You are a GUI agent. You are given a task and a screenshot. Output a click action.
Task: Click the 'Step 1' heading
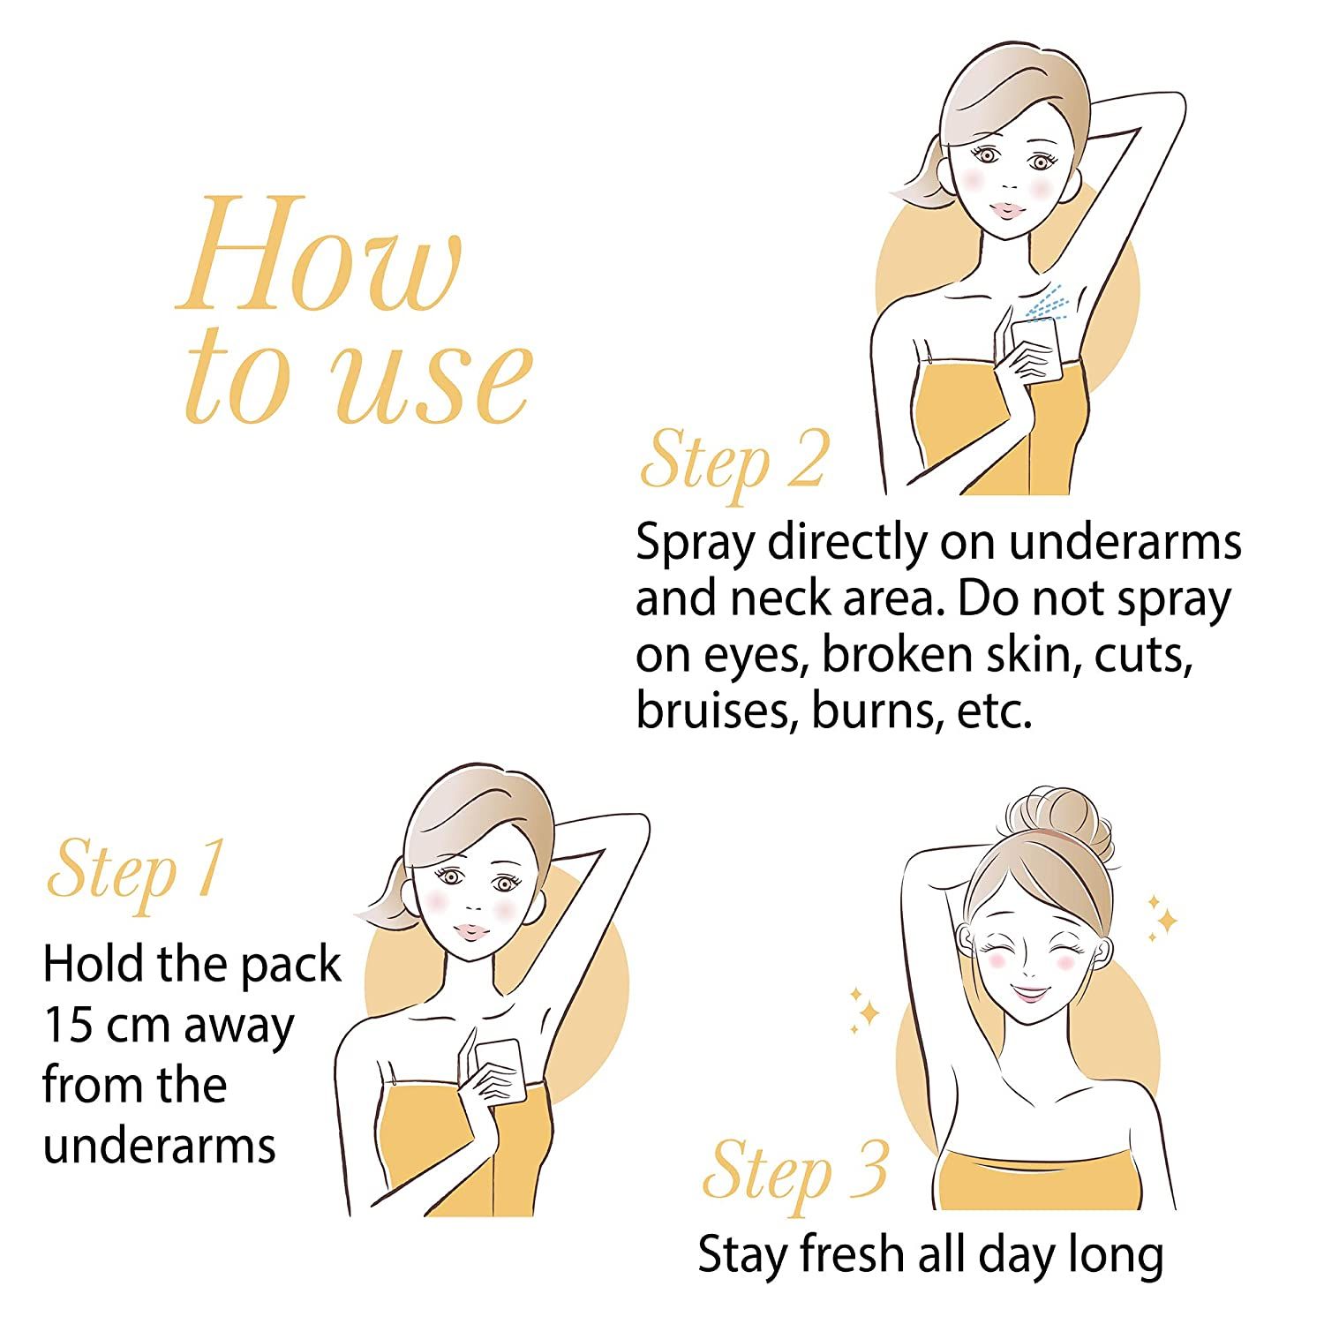click(x=134, y=869)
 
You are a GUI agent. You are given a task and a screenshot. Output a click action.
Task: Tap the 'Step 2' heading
click(x=734, y=462)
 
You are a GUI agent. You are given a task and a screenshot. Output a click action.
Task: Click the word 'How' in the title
click(x=320, y=252)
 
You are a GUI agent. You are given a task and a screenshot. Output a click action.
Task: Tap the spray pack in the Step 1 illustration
click(x=501, y=1069)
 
